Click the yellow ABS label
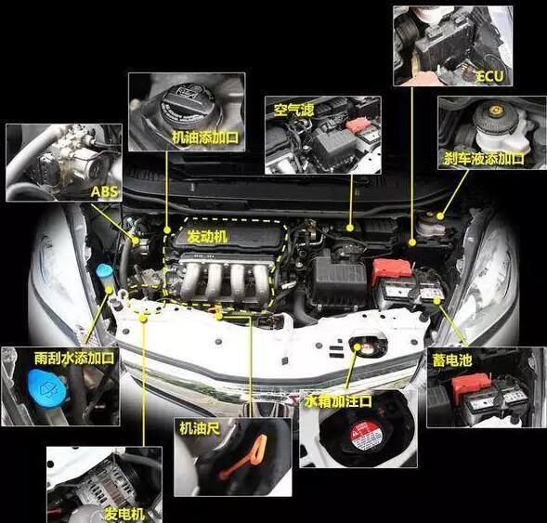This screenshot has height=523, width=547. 105,191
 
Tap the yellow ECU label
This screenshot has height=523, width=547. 490,76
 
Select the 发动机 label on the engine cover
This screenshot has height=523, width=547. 208,236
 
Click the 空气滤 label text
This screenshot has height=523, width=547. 294,110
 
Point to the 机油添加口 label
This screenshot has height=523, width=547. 205,137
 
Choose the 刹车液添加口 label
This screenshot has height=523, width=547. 484,159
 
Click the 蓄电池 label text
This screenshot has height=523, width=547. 452,360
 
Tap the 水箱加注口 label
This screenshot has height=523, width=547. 338,401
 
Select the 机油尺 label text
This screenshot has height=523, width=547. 200,428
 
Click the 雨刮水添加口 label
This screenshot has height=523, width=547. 74,358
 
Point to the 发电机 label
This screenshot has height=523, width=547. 124,514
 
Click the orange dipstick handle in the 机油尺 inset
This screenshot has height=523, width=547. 245,456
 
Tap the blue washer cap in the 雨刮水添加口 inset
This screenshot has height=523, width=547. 46,388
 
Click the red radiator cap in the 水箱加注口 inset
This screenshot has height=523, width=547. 365,436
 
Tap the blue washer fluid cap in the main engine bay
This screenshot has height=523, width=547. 104,271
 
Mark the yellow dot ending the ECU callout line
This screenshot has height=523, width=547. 412,242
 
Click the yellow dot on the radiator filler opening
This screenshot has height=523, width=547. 358,346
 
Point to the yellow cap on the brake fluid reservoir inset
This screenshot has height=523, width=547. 494,111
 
